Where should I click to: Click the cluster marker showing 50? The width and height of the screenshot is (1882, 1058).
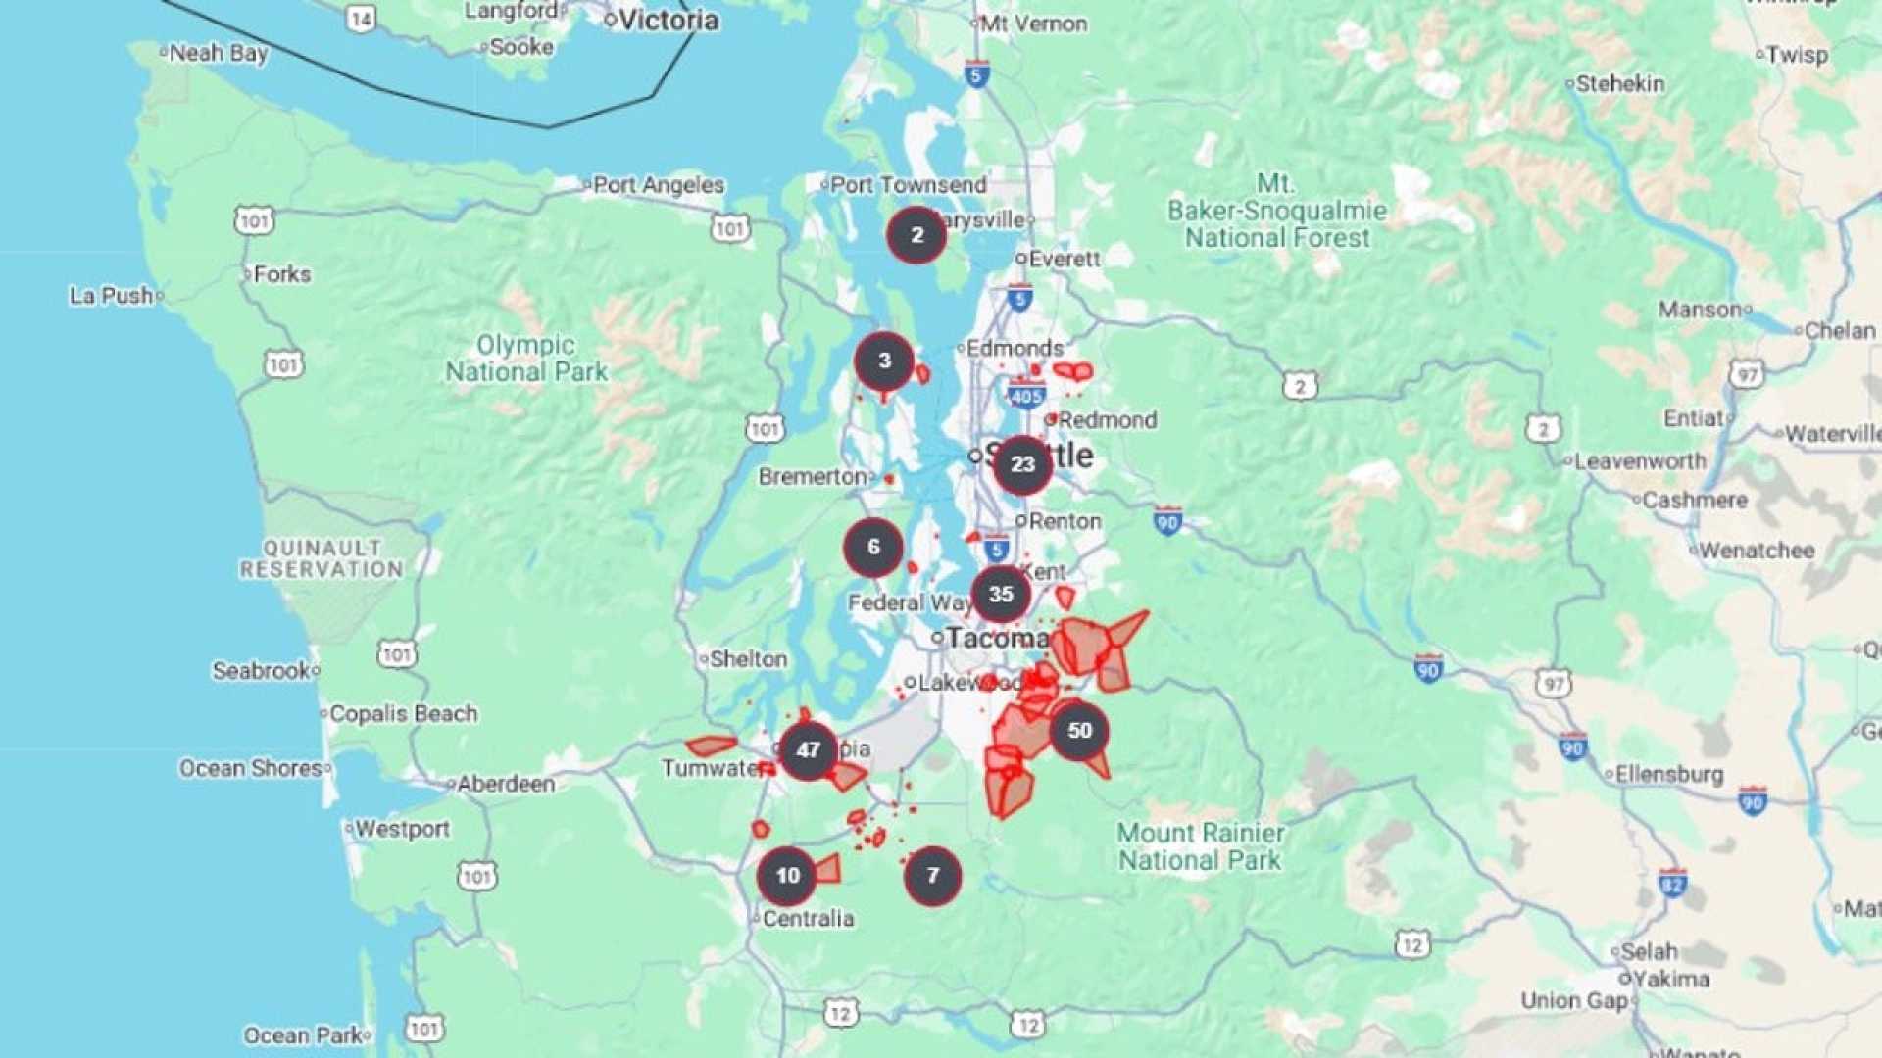click(x=1079, y=731)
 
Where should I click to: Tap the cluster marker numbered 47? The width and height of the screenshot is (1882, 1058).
click(x=808, y=750)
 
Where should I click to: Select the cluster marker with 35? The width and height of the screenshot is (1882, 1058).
click(x=1001, y=594)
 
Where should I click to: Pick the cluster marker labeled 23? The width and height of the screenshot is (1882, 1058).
click(x=1022, y=464)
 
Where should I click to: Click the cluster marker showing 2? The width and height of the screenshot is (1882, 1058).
click(x=916, y=235)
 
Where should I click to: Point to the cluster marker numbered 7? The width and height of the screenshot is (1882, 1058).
click(x=932, y=876)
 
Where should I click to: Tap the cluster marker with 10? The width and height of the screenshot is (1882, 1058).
click(x=787, y=876)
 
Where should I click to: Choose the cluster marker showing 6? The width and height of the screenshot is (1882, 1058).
click(x=873, y=548)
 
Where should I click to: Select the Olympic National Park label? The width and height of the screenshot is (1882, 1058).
click(x=526, y=359)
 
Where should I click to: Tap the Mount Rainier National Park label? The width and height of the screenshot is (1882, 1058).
click(x=1201, y=846)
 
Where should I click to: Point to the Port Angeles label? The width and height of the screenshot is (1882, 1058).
click(x=658, y=185)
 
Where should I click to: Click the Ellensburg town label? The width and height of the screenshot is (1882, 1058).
click(x=1669, y=775)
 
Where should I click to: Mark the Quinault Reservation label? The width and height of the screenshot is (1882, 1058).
click(x=322, y=559)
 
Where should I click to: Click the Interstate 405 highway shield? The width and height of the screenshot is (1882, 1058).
click(x=1025, y=396)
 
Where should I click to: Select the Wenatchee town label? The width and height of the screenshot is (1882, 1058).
click(x=1757, y=551)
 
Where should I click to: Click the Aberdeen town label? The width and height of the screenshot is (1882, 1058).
click(x=506, y=784)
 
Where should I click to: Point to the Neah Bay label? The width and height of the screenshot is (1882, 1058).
click(x=218, y=53)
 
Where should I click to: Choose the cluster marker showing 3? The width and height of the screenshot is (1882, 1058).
click(x=884, y=361)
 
